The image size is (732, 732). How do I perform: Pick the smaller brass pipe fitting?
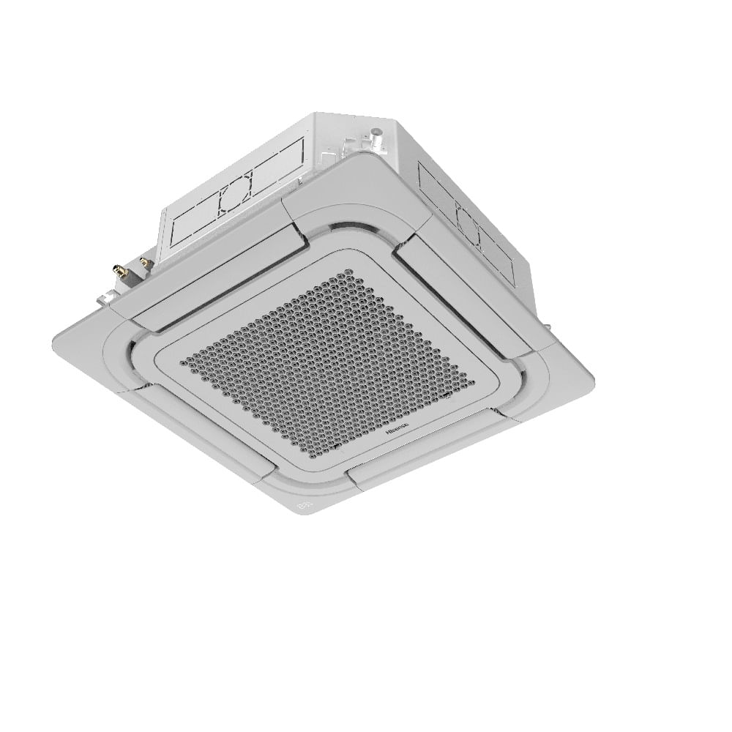tap(144, 261)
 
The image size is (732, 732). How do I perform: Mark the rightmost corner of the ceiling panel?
tap(593, 381)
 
